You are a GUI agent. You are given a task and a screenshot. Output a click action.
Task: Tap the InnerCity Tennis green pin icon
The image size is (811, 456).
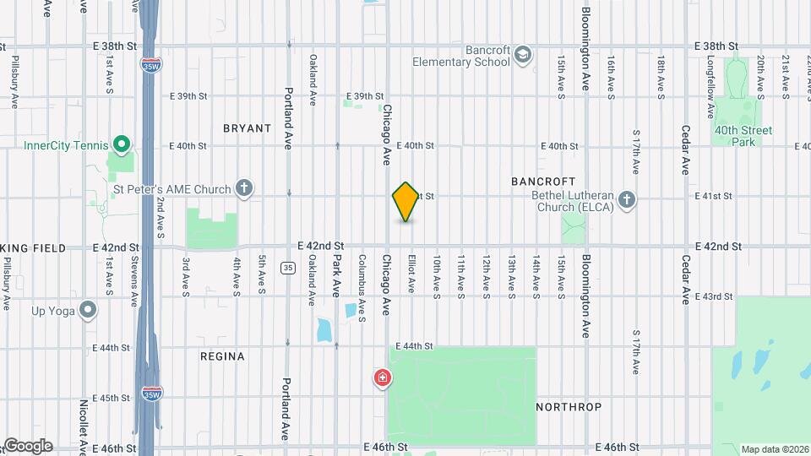click(121, 145)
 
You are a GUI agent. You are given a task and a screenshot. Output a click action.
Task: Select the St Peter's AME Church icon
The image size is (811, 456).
click(244, 188)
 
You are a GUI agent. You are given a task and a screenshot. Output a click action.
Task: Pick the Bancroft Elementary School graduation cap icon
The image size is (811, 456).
click(523, 56)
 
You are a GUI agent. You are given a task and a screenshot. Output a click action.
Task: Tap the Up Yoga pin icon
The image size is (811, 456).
click(87, 311)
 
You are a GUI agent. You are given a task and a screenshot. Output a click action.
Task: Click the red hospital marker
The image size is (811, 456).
click(383, 377)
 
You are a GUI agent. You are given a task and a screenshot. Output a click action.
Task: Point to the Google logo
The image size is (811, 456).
click(27, 445)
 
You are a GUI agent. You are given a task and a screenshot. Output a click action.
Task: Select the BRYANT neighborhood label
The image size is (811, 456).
click(248, 128)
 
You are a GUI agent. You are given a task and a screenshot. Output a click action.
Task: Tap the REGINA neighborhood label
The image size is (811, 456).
click(222, 356)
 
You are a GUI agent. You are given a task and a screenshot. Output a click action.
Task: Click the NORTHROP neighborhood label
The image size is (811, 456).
click(569, 407)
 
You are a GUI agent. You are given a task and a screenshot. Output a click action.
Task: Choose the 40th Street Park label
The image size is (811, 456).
click(743, 136)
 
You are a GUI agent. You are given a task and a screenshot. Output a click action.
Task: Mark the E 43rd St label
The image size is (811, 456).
click(714, 296)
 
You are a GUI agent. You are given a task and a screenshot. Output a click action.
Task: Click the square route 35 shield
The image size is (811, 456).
click(289, 269)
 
